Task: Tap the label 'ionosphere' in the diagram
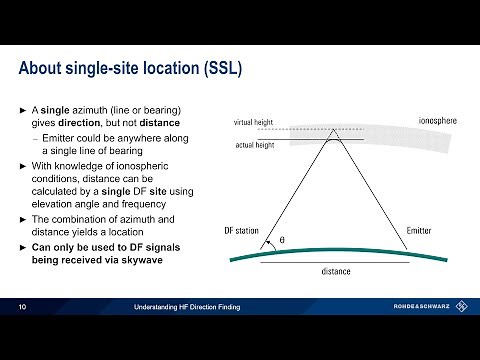click(438, 121)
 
